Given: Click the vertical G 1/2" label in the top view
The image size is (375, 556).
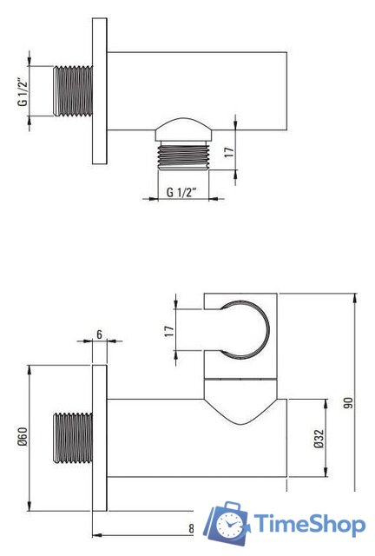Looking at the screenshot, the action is click(23, 91).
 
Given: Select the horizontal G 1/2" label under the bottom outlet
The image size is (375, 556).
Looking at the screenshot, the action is click(181, 192).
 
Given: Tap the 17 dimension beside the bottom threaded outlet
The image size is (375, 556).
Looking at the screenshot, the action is click(230, 152).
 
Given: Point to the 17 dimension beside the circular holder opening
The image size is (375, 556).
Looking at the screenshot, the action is click(169, 331).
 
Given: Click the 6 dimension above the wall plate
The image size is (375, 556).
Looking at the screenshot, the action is click(99, 334).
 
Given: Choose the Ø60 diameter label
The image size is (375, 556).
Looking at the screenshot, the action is click(23, 437).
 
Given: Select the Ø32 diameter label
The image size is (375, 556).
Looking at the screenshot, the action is click(319, 438).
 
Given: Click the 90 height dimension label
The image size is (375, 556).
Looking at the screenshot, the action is click(349, 403).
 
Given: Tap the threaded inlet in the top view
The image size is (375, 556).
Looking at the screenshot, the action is click(73, 90).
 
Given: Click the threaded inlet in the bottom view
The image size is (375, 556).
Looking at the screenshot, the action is click(73, 438).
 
